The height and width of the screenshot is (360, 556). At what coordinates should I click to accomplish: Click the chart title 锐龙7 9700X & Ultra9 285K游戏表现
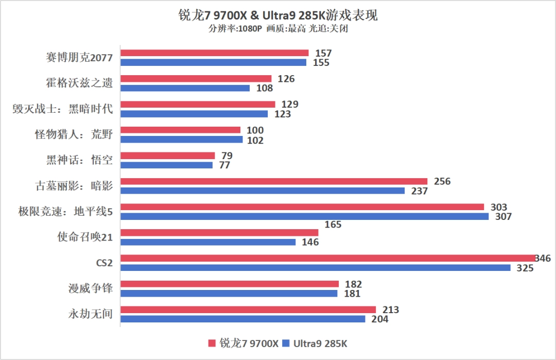pos(278,15)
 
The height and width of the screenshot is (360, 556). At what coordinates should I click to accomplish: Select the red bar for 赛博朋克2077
pos(214,53)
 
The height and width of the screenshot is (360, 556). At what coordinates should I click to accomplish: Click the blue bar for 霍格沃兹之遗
pos(185,88)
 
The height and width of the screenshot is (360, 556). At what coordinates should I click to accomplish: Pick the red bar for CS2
pos(327,258)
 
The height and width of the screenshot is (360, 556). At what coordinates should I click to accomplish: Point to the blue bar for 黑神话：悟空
pos(166,165)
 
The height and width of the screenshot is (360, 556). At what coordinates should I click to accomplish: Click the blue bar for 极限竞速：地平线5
pos(304,217)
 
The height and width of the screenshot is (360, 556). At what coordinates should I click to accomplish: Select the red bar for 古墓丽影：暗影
pos(274,181)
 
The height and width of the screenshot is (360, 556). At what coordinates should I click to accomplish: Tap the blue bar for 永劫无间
pos(243,319)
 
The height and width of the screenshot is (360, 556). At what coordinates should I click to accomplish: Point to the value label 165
pos(333,225)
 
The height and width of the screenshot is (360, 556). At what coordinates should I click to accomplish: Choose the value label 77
pos(224,165)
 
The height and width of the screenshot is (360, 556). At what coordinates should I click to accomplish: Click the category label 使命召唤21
pos(84,237)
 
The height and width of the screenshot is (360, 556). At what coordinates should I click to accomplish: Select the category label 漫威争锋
pos(90,288)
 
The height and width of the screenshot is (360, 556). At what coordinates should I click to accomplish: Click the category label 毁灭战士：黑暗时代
pos(62,109)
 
